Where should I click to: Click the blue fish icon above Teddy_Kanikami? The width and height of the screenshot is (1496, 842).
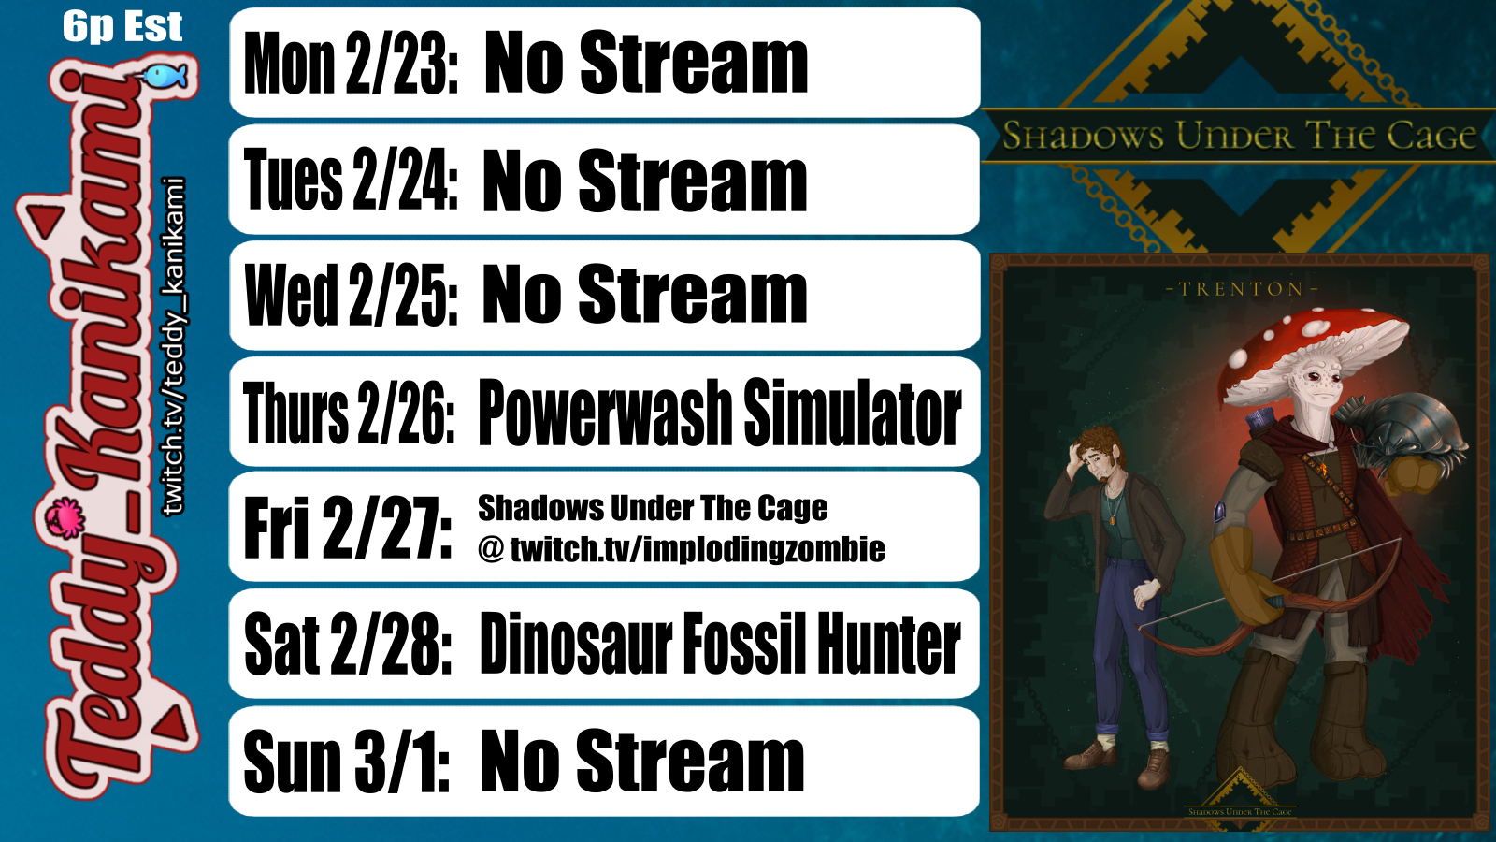(x=164, y=76)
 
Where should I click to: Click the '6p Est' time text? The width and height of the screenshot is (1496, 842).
(x=122, y=27)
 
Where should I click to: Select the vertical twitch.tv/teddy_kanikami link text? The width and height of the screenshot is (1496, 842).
(x=174, y=346)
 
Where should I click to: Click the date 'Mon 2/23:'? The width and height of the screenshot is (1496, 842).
(x=352, y=64)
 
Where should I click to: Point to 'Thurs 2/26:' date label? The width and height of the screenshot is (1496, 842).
(x=349, y=413)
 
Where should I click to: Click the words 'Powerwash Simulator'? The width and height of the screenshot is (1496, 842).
(x=720, y=413)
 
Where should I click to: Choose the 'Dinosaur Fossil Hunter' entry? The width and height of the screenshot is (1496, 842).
(x=720, y=645)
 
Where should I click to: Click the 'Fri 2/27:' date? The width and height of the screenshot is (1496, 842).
(x=347, y=528)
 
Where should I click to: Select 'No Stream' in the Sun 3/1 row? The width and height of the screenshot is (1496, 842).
(x=642, y=761)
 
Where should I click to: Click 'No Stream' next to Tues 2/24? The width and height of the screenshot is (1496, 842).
(x=644, y=181)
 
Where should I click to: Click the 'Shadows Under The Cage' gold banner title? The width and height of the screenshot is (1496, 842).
(x=1239, y=136)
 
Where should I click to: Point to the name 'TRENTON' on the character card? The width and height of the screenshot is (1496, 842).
(x=1242, y=289)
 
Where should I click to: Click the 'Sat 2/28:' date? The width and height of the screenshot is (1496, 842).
(x=349, y=645)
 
